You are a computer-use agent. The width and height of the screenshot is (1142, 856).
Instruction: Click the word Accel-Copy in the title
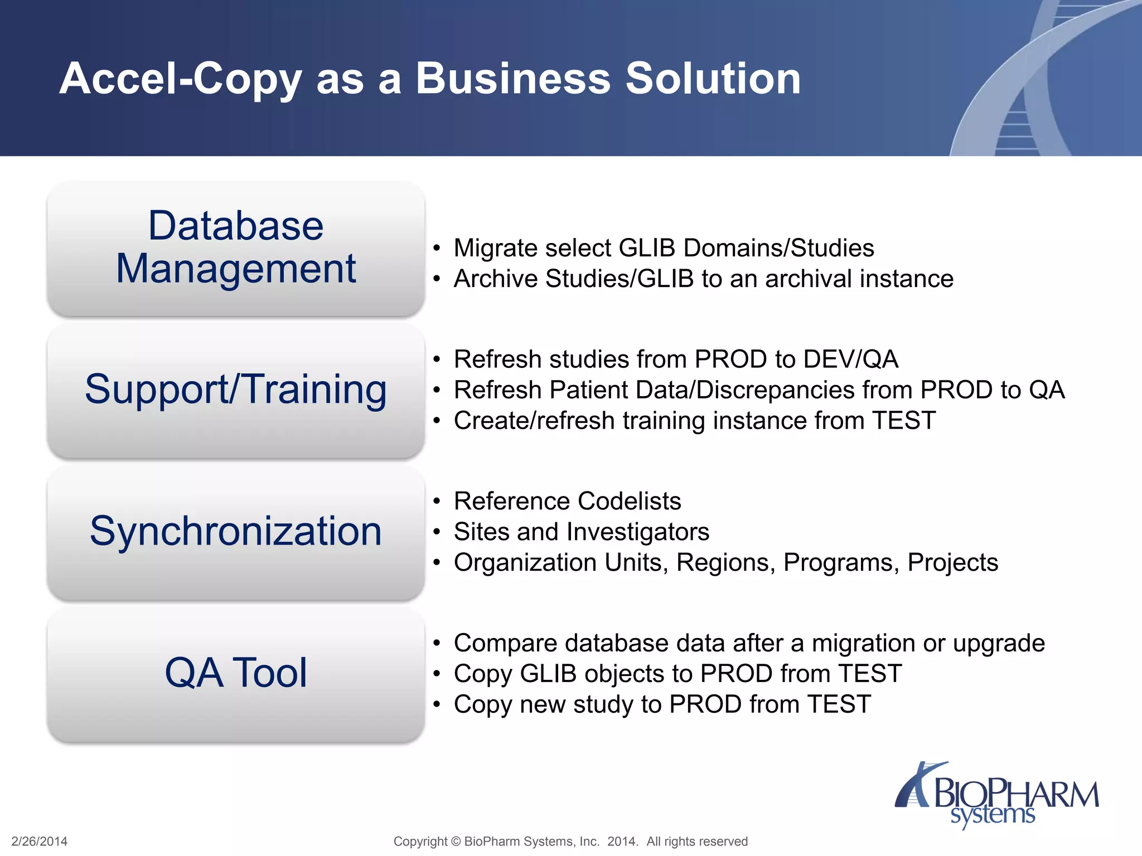coord(180,79)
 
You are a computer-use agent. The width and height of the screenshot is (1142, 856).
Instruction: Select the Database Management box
coord(235,248)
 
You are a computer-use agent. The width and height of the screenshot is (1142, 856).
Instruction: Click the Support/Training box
coord(235,390)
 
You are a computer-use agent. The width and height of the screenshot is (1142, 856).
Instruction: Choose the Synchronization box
coord(235,532)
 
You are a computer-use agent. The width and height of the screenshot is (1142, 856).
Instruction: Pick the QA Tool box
coord(235,673)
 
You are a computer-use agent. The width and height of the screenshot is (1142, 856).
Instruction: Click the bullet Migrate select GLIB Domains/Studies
coord(664,248)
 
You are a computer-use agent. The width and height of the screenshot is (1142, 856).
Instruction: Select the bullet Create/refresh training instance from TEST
coord(694,421)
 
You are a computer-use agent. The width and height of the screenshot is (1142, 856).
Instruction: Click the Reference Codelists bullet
coord(567,501)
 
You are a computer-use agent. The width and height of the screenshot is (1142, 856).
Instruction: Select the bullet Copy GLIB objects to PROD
coord(678,674)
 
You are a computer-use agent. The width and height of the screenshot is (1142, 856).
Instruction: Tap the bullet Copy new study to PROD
coord(662,704)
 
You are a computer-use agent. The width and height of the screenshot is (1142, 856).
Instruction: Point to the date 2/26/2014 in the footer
coord(40,842)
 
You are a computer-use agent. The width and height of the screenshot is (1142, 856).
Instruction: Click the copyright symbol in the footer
coord(456,842)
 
